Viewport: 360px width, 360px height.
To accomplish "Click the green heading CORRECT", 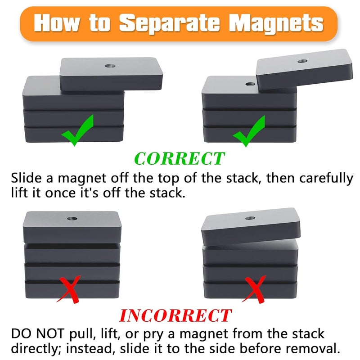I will [x=180, y=158].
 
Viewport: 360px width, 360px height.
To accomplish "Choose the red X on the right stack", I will [x=254, y=288].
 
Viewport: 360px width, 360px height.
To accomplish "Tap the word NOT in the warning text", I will [x=56, y=334].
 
